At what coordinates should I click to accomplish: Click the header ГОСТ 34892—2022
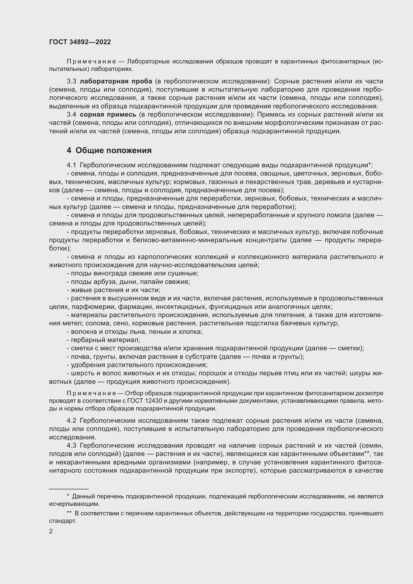[80, 42]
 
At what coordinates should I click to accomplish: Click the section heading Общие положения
[113, 150]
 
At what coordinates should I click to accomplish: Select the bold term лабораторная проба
[116, 81]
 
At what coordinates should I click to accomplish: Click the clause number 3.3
[71, 81]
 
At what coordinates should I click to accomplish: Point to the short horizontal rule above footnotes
[69, 489]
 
